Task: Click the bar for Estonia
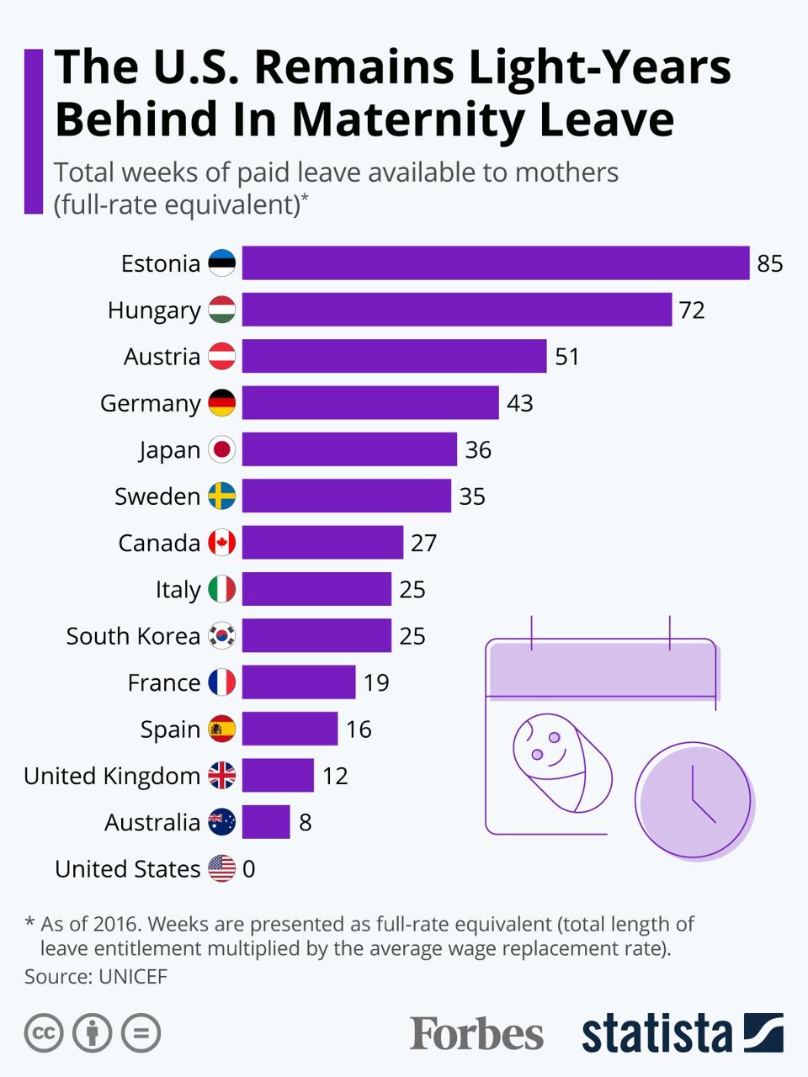click(x=495, y=263)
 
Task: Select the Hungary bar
click(x=456, y=310)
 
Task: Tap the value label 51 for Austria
click(x=567, y=357)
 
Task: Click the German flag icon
click(x=222, y=403)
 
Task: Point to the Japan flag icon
click(x=222, y=449)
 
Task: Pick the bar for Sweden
click(x=346, y=496)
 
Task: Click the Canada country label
click(x=159, y=543)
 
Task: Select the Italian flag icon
click(x=222, y=589)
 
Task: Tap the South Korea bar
click(x=316, y=635)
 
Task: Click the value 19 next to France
click(x=376, y=682)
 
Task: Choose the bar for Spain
click(x=290, y=729)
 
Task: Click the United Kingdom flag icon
click(x=222, y=775)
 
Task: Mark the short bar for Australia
click(x=265, y=822)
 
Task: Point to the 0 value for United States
click(x=248, y=868)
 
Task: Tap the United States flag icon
click(x=222, y=868)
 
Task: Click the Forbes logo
click(x=476, y=1033)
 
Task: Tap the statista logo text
click(x=656, y=1033)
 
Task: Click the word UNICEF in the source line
click(x=133, y=976)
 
